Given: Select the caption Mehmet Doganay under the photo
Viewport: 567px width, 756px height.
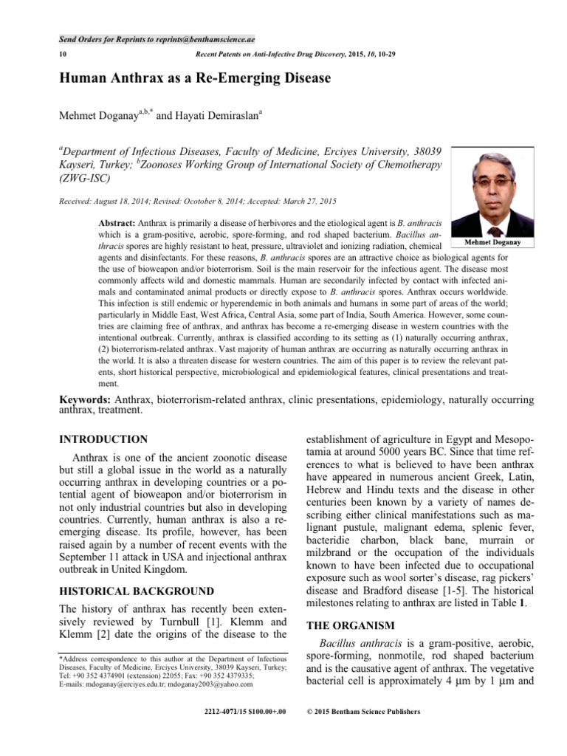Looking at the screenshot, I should click(x=493, y=241).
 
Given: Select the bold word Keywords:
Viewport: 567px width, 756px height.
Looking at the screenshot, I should click(x=86, y=400).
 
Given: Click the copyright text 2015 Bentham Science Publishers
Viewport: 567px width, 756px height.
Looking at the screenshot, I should click(x=367, y=712).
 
